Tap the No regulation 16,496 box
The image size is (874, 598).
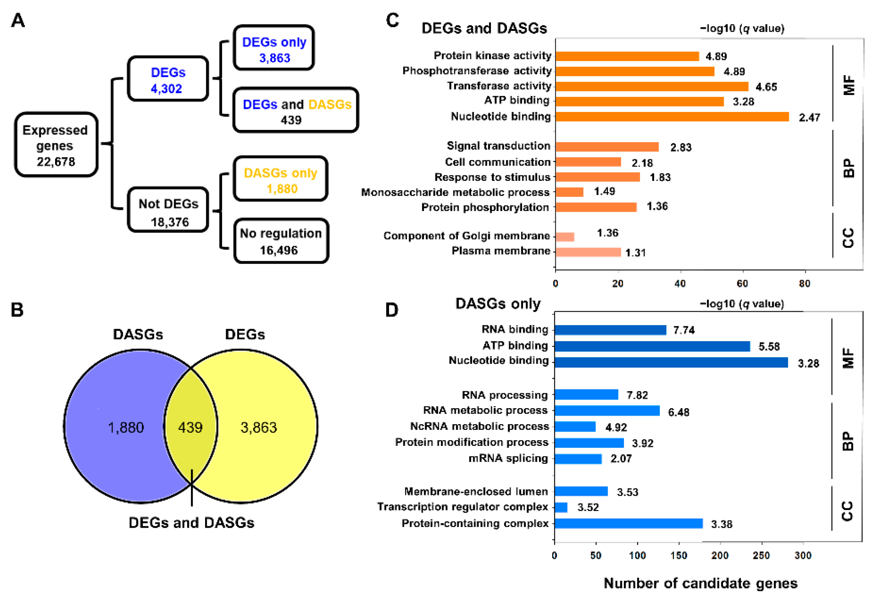pos(281,241)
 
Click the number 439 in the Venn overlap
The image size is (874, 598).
pos(190,428)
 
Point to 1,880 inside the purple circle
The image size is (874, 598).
pos(126,428)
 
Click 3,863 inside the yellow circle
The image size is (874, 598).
pos(259,428)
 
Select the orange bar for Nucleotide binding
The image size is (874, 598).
pos(672,117)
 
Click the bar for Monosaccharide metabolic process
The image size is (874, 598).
pos(569,192)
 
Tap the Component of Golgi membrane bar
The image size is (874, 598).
pos(565,237)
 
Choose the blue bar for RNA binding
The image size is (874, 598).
pos(610,330)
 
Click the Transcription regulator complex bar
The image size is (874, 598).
pos(561,507)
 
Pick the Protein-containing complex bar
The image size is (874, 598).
pos(628,524)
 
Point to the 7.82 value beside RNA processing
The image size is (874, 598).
pos(637,395)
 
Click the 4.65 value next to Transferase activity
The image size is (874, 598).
pos(766,87)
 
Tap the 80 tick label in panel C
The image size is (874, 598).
pos(804,283)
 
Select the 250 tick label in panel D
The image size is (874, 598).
pos(761,556)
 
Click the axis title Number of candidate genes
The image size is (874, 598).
pos(700,583)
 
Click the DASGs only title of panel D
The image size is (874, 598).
pos(498,304)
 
